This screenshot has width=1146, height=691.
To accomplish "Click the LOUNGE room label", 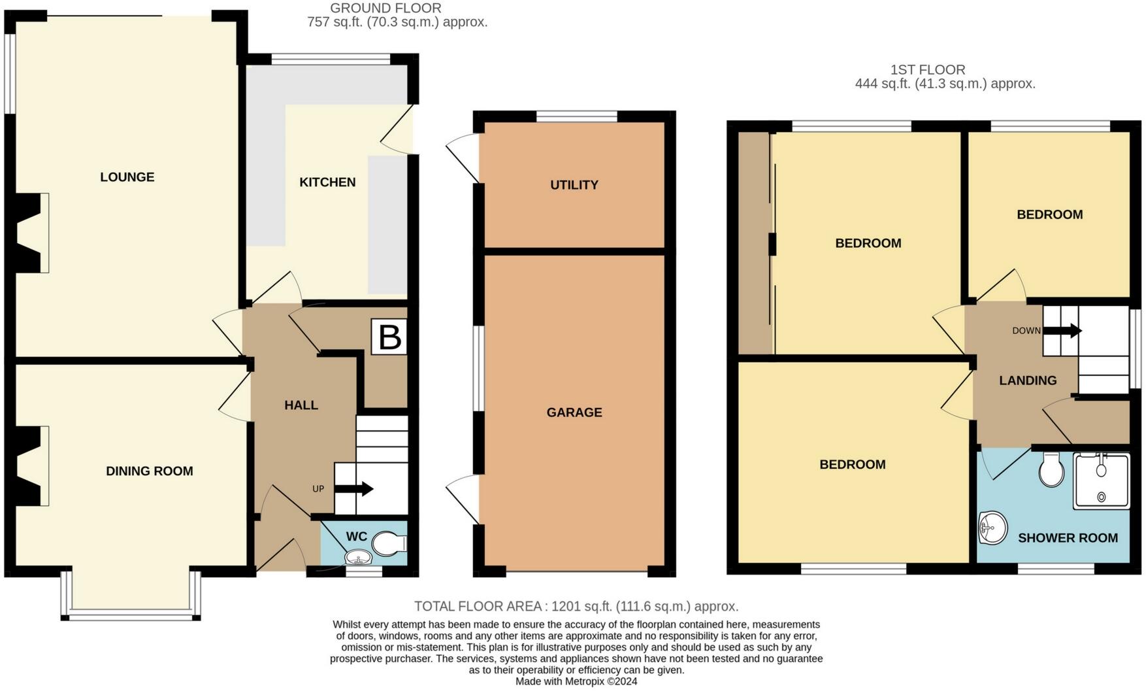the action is (x=127, y=177).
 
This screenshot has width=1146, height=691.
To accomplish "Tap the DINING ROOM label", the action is (x=150, y=471).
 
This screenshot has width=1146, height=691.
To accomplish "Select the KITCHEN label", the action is (x=327, y=182).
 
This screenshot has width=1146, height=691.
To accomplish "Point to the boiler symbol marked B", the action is (x=389, y=337).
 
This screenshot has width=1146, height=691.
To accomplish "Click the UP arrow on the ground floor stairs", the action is (x=353, y=489).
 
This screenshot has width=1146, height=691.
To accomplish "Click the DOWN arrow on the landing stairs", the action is (x=1062, y=331).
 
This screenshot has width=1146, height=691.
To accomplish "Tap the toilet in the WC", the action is (x=389, y=543).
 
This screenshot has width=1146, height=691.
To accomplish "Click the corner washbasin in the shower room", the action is (x=992, y=527).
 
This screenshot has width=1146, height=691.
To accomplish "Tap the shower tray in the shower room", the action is (x=1101, y=480).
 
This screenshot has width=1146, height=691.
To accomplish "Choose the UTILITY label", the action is (x=574, y=185).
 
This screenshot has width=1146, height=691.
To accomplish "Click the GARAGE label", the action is (x=574, y=413).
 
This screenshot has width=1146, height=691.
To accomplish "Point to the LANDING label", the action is (x=1028, y=380).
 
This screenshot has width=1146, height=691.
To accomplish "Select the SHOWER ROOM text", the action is (x=1068, y=538).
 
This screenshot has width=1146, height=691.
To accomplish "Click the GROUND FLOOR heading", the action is (x=385, y=8).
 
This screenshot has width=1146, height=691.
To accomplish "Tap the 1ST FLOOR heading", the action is (x=928, y=70).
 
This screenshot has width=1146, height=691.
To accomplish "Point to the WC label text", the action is (x=356, y=537).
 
